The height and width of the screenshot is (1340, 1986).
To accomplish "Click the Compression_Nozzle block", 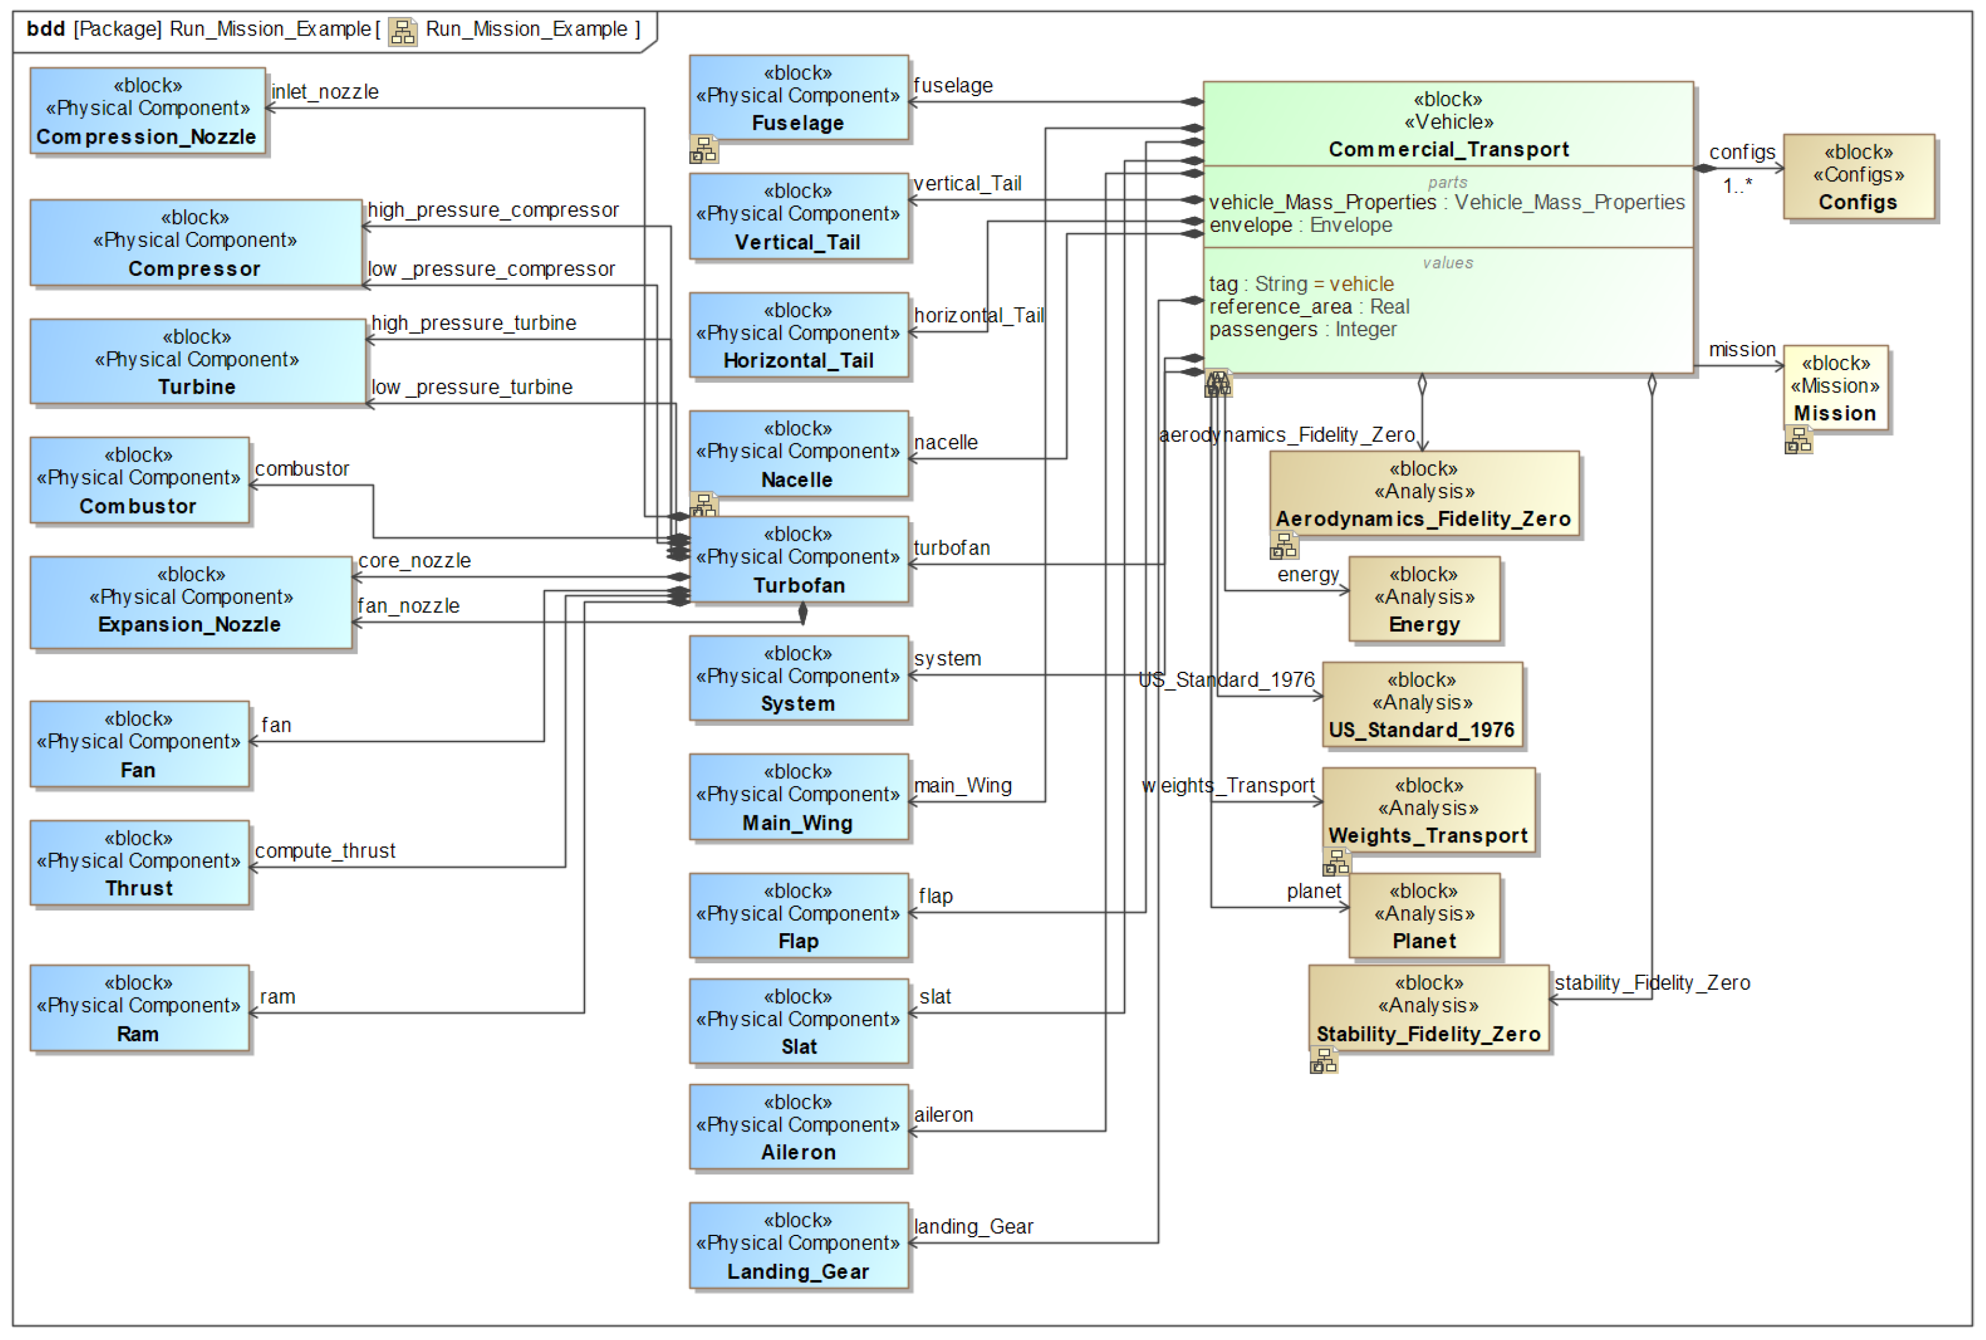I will tap(147, 111).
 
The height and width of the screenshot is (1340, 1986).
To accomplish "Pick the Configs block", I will tap(1858, 177).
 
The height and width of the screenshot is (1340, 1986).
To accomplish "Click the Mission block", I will tap(1835, 388).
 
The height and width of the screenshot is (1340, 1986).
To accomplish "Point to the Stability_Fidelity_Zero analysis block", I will tap(1427, 1008).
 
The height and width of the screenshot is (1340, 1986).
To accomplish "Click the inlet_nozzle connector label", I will tap(324, 91).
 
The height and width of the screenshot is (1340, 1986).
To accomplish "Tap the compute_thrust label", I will tap(324, 851).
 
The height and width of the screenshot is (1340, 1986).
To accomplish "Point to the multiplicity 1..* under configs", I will tap(1737, 186).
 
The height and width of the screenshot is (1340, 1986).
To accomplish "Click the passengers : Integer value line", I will tap(1302, 330).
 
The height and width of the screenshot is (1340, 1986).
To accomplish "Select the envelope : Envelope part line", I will tap(1299, 225).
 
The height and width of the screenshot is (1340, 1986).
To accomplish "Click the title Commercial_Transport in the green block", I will tap(1448, 150).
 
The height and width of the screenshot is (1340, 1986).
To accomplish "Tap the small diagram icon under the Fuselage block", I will tap(703, 150).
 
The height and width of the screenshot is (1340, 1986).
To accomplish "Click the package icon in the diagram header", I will tap(402, 32).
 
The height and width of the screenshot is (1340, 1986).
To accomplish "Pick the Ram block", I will tap(139, 1008).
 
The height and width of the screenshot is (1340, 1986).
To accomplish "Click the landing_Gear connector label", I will tap(973, 1227).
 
